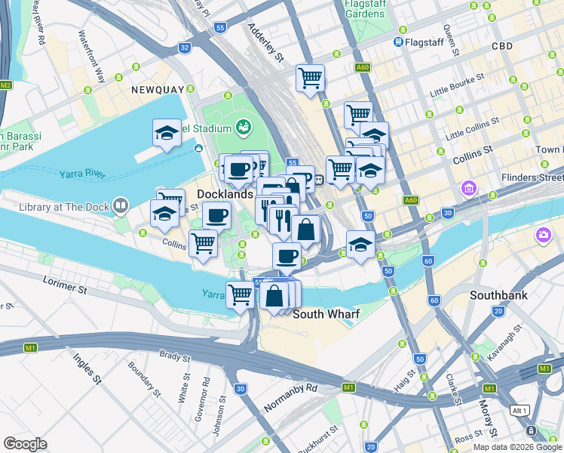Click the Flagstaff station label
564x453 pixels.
[426, 42]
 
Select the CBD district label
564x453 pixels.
[501, 46]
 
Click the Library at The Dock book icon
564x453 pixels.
[120, 205]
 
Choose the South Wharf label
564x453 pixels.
[326, 313]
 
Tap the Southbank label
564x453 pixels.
[498, 295]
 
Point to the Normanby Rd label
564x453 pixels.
[291, 399]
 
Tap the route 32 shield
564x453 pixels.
[185, 47]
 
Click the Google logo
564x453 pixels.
[25, 444]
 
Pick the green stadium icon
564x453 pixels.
[243, 127]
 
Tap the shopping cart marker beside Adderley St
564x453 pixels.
[310, 78]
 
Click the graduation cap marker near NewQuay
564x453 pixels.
[167, 134]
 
